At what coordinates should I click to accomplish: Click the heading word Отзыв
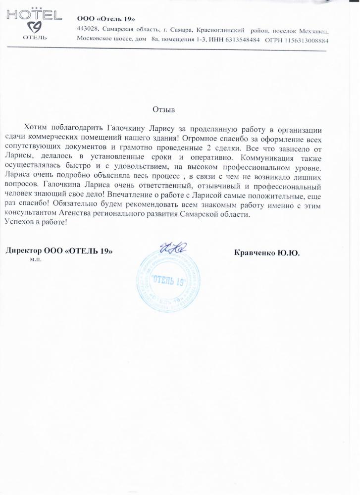(x=164, y=109)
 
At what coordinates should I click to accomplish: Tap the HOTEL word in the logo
(x=34, y=16)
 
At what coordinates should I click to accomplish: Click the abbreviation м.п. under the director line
(x=36, y=259)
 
